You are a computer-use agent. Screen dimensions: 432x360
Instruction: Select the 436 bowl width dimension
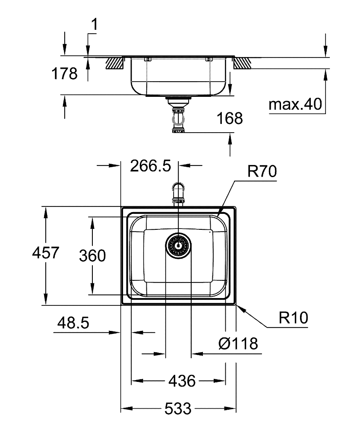click(178, 381)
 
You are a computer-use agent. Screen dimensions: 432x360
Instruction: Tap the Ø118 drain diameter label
click(238, 344)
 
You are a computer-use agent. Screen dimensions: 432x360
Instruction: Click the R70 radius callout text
click(262, 172)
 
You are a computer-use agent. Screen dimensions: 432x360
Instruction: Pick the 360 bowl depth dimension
click(92, 256)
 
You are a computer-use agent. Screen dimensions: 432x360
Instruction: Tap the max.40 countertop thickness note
click(296, 105)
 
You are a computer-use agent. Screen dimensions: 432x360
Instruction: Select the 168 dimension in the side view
click(230, 118)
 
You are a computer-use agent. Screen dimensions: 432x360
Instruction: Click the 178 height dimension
click(64, 73)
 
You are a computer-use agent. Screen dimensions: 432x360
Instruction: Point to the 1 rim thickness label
click(94, 26)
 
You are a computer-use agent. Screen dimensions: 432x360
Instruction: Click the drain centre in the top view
click(178, 246)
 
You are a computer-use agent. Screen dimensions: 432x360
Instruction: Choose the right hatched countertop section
click(242, 63)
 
